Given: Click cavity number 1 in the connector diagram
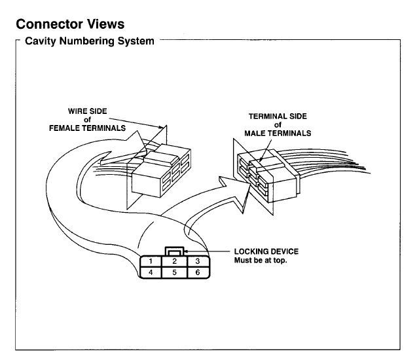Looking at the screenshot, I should coord(151,261).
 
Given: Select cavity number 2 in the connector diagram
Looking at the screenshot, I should coord(174,261).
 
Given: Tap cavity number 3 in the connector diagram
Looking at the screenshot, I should coord(197,261).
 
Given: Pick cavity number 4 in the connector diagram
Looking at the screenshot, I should coord(151,272).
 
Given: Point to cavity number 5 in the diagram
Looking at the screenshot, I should coord(174,272).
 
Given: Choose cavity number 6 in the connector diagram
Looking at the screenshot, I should coord(197,272).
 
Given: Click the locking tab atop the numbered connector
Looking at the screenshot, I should coord(174,251).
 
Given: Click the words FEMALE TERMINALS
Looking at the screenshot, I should coord(87,128).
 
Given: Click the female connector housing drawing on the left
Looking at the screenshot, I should coord(157,170).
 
